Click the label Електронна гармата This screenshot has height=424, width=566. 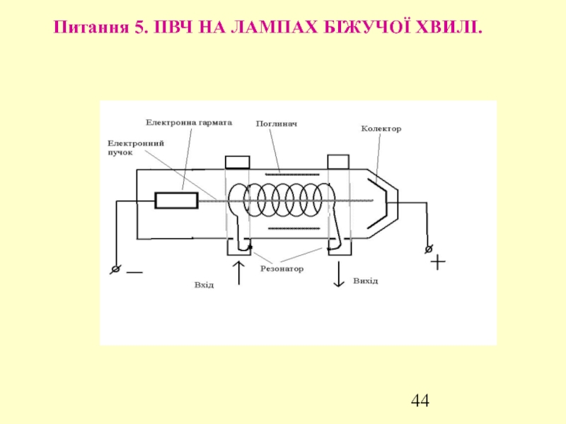click(189, 122)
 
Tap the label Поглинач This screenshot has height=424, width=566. click(276, 124)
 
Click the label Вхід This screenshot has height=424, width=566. click(204, 285)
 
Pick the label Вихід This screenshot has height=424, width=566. click(365, 281)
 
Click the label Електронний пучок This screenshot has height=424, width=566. click(136, 147)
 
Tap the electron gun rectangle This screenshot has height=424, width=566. click(177, 201)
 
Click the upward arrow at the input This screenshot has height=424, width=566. click(238, 272)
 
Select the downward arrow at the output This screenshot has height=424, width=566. click(338, 274)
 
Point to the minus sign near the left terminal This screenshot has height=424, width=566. click(134, 271)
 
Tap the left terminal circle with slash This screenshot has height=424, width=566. click(114, 269)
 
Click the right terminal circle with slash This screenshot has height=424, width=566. click(428, 249)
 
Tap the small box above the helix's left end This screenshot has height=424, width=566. click(237, 162)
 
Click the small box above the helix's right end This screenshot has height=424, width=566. click(337, 162)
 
